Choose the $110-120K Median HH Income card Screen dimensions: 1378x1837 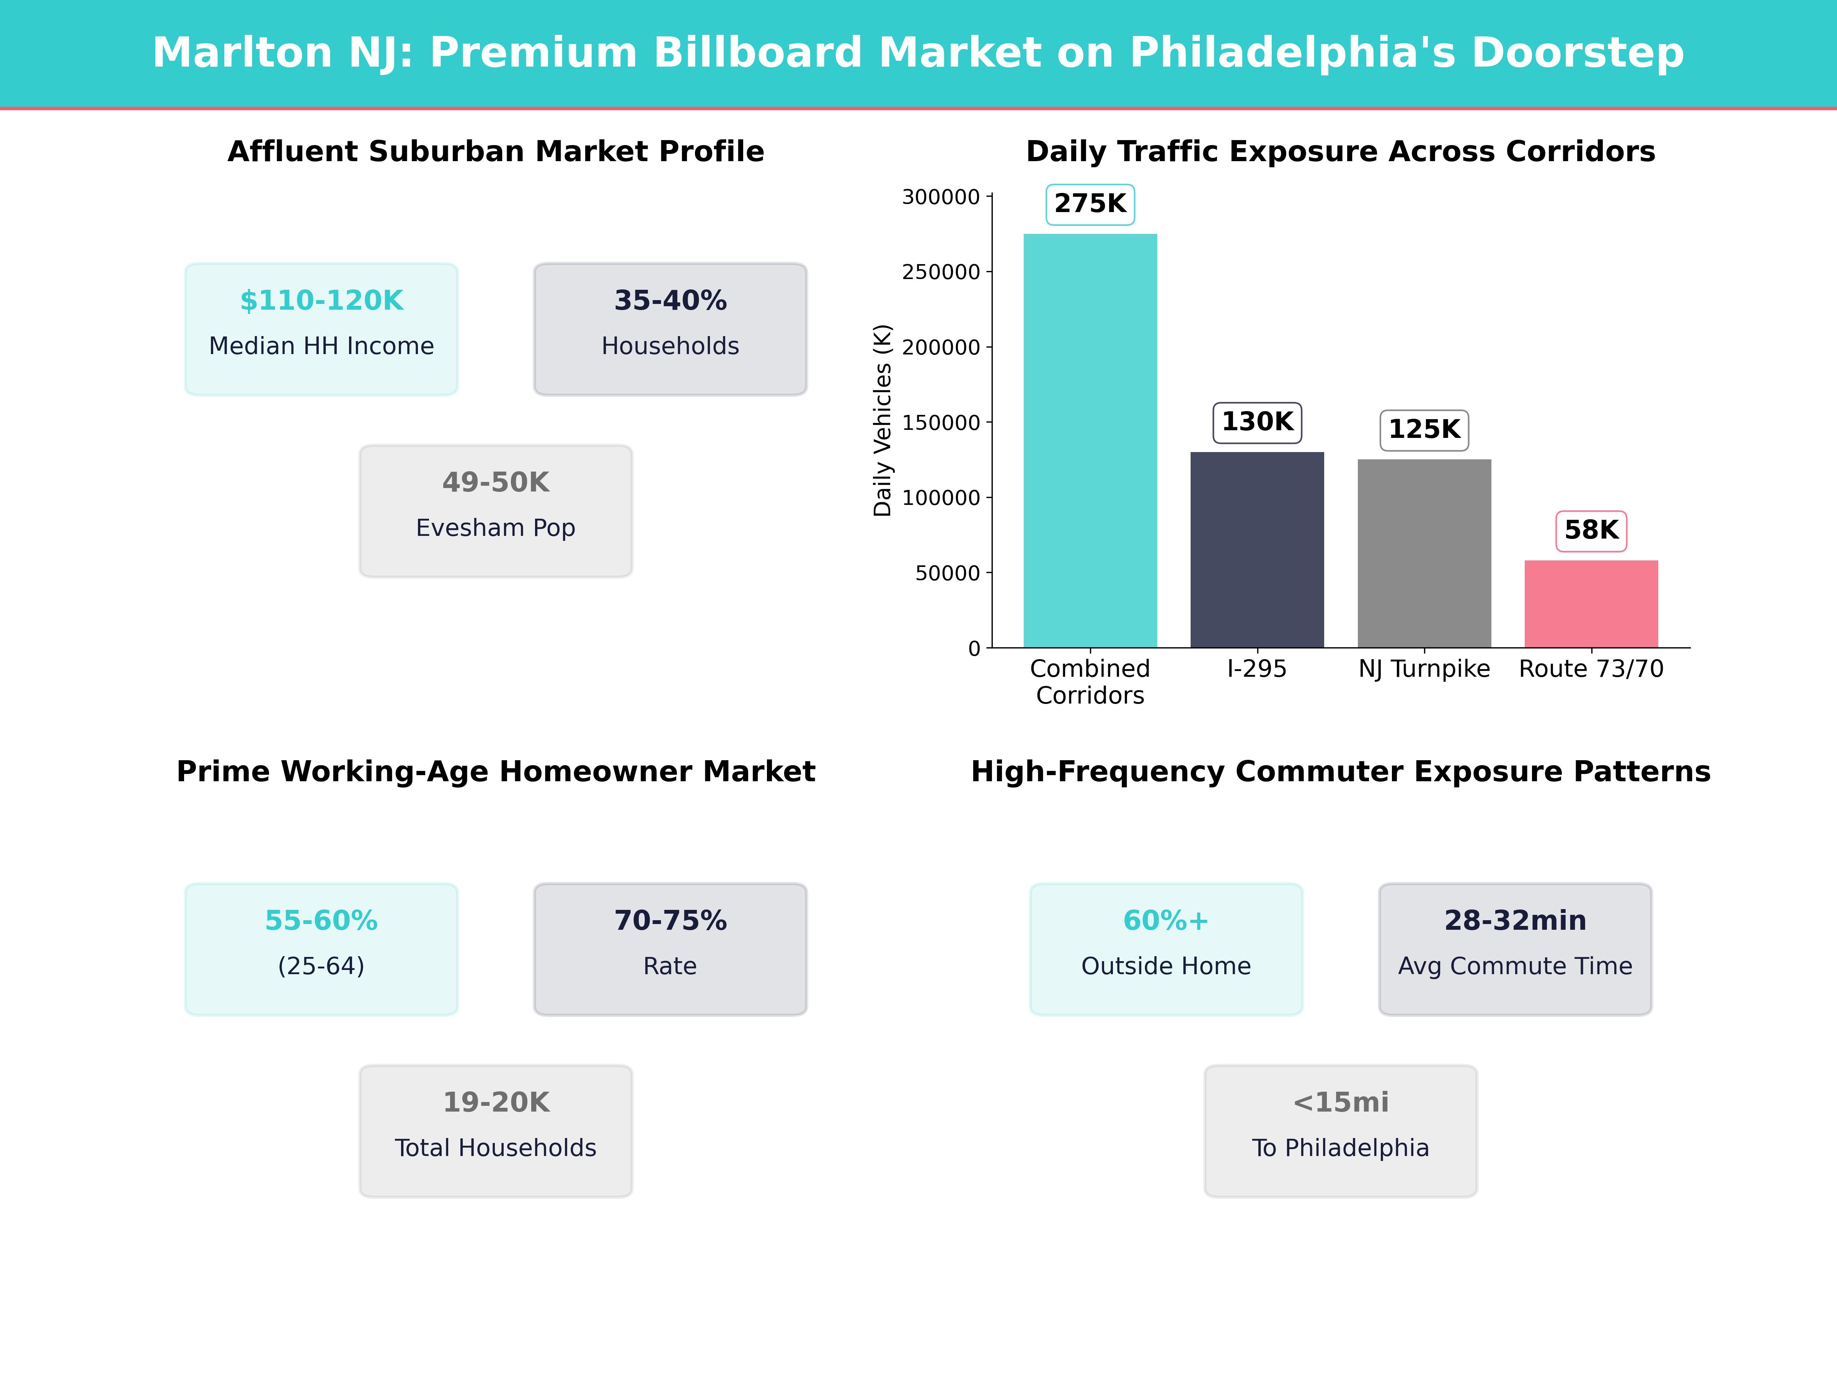tap(321, 329)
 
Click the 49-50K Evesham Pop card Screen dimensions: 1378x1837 tap(496, 511)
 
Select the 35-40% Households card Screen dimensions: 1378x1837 tap(670, 329)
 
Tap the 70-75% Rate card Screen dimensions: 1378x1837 tap(670, 949)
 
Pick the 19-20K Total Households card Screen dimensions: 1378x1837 tap(496, 1130)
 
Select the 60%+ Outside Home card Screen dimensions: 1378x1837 tap(1166, 949)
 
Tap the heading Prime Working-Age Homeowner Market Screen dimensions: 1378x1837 tap(496, 772)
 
